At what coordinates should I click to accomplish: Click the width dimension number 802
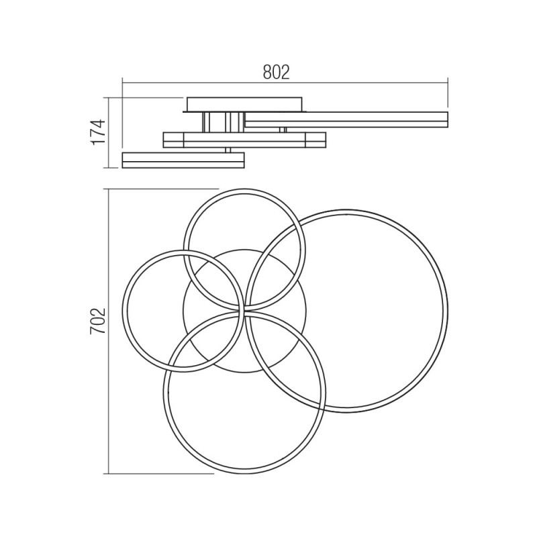[x=277, y=72]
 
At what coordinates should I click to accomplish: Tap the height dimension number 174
[x=99, y=132]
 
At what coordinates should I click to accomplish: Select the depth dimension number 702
[x=98, y=321]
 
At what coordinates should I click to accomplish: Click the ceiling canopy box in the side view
[x=244, y=104]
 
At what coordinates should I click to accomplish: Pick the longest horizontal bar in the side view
[x=346, y=119]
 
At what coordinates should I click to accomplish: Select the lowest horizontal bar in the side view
[x=183, y=160]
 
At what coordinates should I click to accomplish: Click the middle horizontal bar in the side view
[x=244, y=140]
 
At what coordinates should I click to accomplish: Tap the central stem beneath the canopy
[x=224, y=122]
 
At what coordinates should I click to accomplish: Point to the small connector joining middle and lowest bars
[x=228, y=150]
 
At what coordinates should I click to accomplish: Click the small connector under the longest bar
[x=283, y=130]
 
